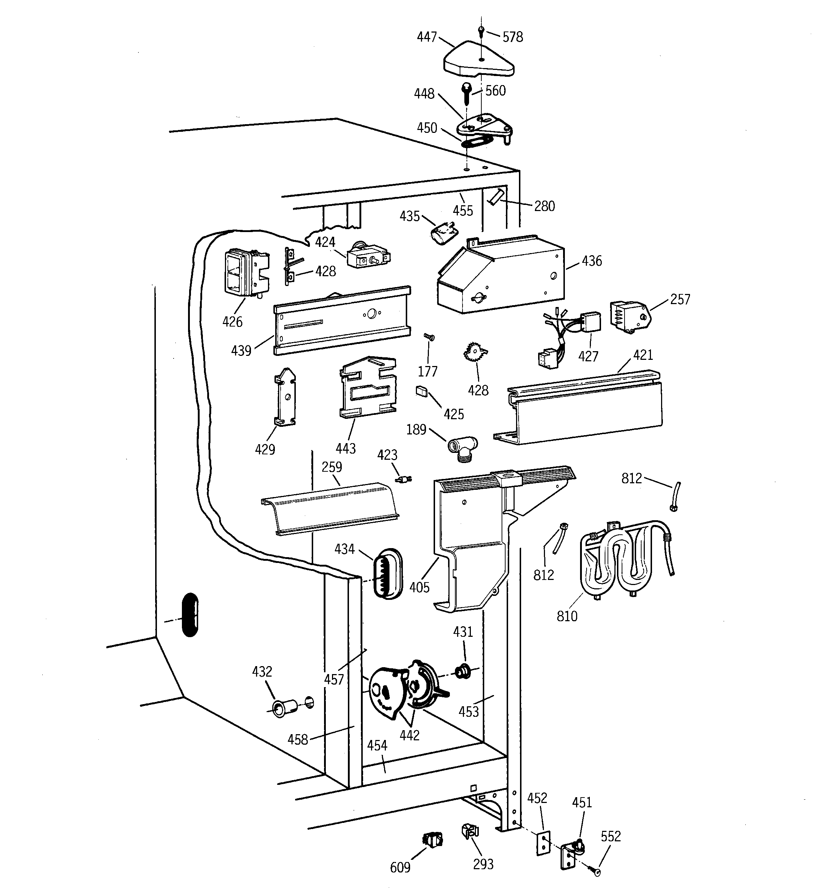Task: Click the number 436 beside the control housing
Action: [x=591, y=261]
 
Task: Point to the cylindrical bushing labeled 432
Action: [x=284, y=708]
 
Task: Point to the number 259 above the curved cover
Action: [x=332, y=467]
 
